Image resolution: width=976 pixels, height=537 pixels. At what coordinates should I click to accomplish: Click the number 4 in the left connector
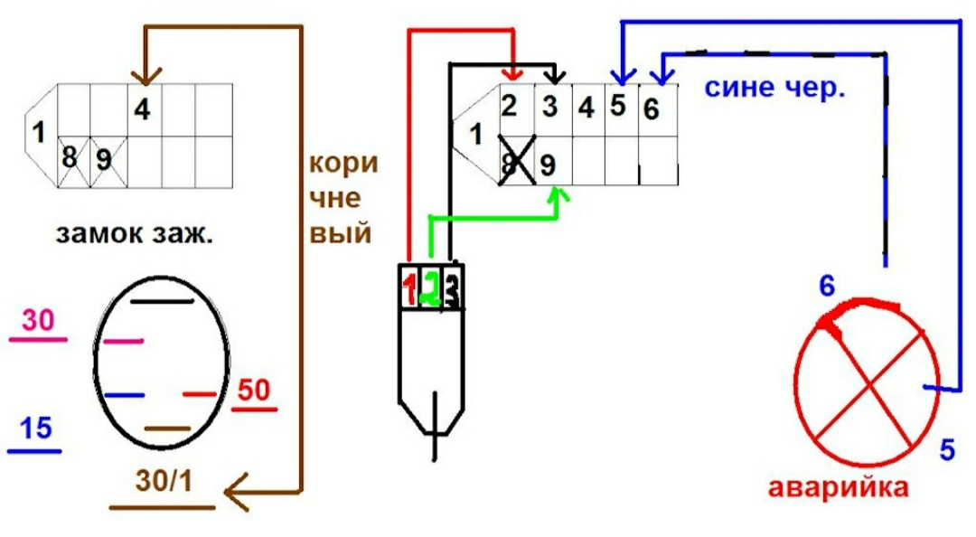(x=142, y=109)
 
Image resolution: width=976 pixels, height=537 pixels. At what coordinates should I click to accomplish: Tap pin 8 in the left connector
(x=70, y=158)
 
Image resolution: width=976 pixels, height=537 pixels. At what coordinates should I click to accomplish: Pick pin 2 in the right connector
(x=511, y=106)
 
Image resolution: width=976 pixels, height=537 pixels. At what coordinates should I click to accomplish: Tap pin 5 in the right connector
(x=617, y=106)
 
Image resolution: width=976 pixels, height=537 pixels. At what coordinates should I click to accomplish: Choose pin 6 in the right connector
(x=652, y=108)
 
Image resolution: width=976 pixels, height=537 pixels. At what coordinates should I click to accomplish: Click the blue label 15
(x=34, y=429)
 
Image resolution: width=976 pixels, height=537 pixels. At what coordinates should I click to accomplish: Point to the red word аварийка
(x=838, y=488)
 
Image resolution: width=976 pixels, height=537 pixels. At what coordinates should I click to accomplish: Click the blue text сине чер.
(x=774, y=89)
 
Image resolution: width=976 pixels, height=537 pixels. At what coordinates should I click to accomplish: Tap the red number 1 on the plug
(x=410, y=289)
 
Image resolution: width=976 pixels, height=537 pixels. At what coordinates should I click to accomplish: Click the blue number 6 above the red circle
(x=826, y=287)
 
